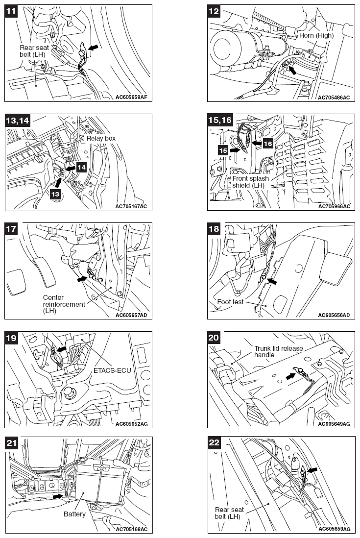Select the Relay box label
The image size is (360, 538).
(x=101, y=138)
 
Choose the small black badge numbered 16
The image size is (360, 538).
(x=267, y=144)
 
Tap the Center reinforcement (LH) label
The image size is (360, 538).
(x=64, y=304)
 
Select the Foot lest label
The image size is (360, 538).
(x=231, y=302)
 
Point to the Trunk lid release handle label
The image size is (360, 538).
(x=278, y=352)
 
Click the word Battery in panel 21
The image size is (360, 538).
(x=74, y=514)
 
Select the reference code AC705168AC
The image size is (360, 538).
(x=131, y=529)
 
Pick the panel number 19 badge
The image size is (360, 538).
(x=12, y=338)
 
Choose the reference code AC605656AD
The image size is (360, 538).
(x=334, y=315)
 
